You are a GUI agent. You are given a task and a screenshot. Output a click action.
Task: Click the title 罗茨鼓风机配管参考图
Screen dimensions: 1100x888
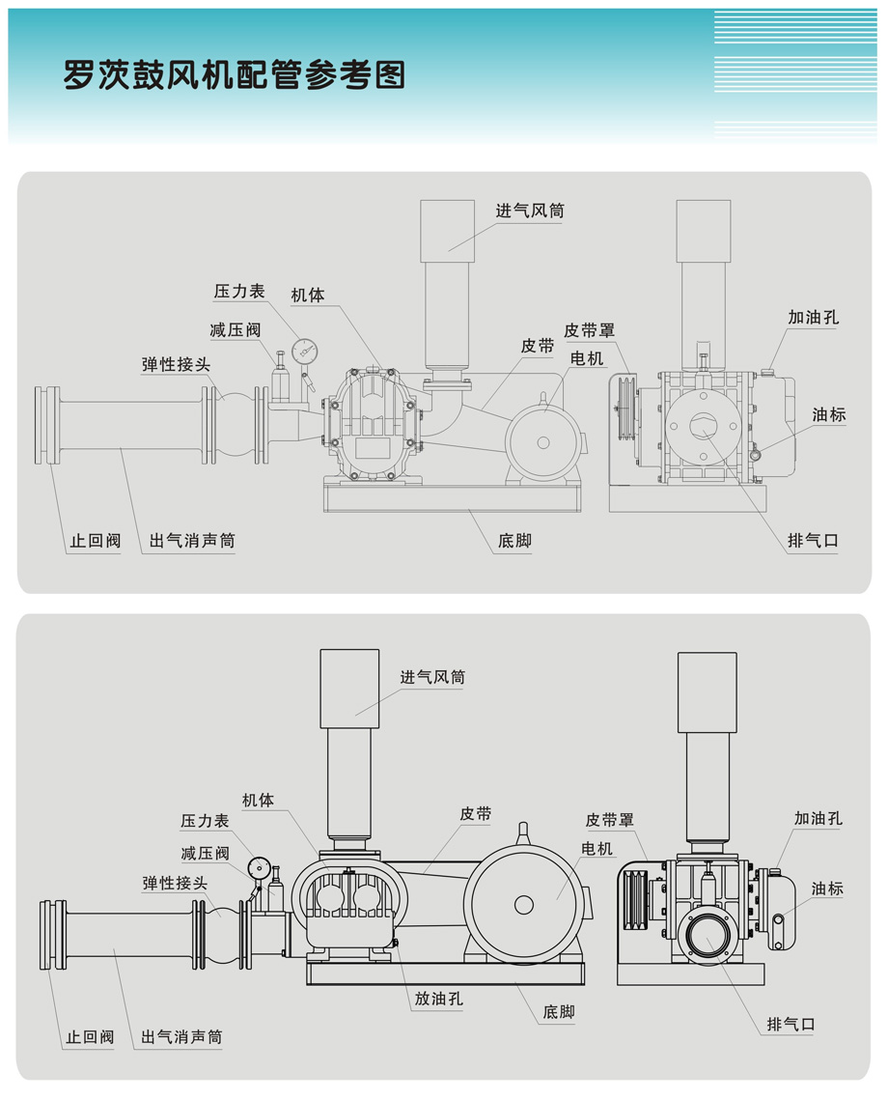tap(234, 74)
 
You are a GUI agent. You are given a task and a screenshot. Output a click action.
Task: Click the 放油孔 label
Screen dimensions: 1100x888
tap(439, 1000)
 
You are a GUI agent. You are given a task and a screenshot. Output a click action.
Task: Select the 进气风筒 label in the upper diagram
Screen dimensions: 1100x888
tap(530, 211)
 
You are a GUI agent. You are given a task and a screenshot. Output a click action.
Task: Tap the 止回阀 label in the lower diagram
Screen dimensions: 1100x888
tap(90, 1037)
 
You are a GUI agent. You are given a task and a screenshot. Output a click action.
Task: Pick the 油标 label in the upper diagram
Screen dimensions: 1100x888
tap(828, 414)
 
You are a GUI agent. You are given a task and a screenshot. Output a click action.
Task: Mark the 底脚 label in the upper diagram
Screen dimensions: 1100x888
tap(514, 541)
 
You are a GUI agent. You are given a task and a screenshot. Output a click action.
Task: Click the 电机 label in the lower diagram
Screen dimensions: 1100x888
tap(597, 848)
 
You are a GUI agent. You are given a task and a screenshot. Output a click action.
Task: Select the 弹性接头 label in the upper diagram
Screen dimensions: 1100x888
tap(176, 364)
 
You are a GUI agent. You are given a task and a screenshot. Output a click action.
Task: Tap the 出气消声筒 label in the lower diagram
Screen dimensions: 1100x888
tap(181, 1037)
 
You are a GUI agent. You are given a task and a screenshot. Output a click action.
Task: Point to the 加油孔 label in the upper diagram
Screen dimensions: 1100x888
tap(812, 317)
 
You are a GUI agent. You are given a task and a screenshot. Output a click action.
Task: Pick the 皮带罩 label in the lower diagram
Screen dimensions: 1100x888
tap(610, 820)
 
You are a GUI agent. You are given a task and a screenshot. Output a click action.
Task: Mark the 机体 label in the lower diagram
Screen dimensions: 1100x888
tap(259, 800)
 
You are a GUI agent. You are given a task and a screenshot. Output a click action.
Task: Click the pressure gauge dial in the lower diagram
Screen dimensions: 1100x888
tap(258, 866)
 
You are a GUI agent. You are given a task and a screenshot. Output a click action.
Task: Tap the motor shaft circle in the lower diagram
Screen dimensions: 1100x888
tap(524, 905)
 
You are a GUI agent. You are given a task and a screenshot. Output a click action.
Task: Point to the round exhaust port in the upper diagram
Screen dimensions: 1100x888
tap(703, 423)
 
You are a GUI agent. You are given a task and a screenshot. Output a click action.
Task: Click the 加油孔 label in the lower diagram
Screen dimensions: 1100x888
tap(819, 818)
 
